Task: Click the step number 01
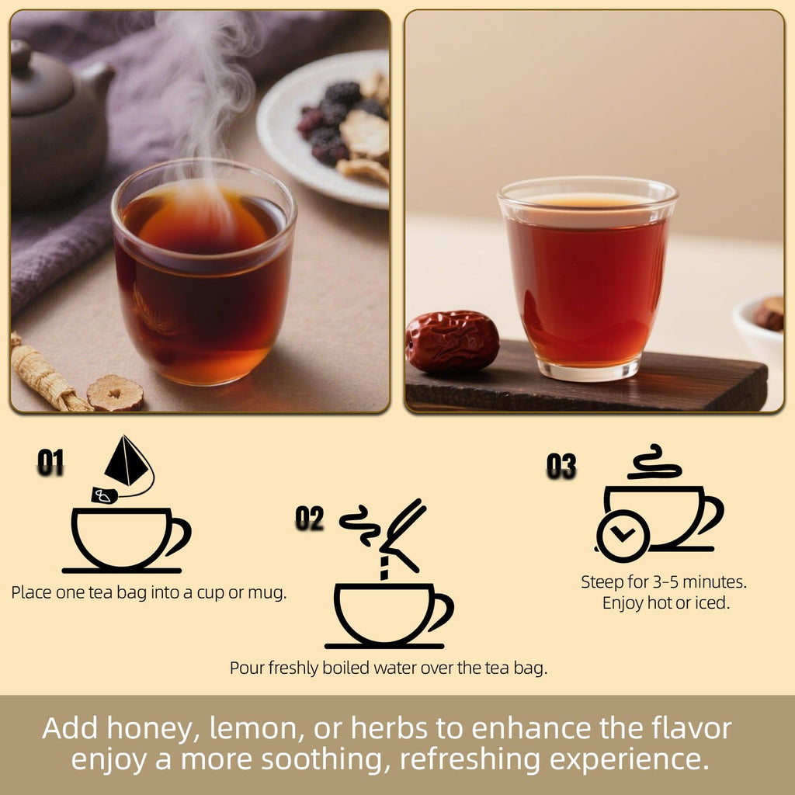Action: click(x=50, y=463)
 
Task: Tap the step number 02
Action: click(x=309, y=519)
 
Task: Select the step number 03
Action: click(x=561, y=466)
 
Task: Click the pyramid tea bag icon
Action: click(x=127, y=463)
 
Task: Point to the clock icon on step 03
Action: click(x=623, y=535)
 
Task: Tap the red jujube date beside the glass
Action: click(x=452, y=341)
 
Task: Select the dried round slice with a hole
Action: click(x=115, y=393)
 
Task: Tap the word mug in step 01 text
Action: click(x=269, y=592)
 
